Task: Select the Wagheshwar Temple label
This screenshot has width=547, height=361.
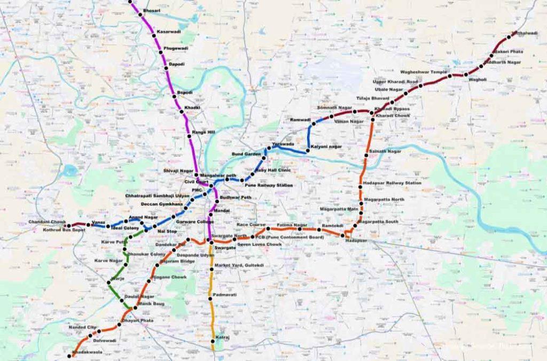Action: click(424, 72)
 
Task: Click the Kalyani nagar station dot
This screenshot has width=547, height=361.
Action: click(308, 152)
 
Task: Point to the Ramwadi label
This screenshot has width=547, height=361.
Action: click(300, 120)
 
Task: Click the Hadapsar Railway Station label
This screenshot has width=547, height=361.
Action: click(392, 183)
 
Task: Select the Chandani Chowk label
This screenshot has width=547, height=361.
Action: click(48, 221)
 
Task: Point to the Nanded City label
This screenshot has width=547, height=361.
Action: click(82, 327)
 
